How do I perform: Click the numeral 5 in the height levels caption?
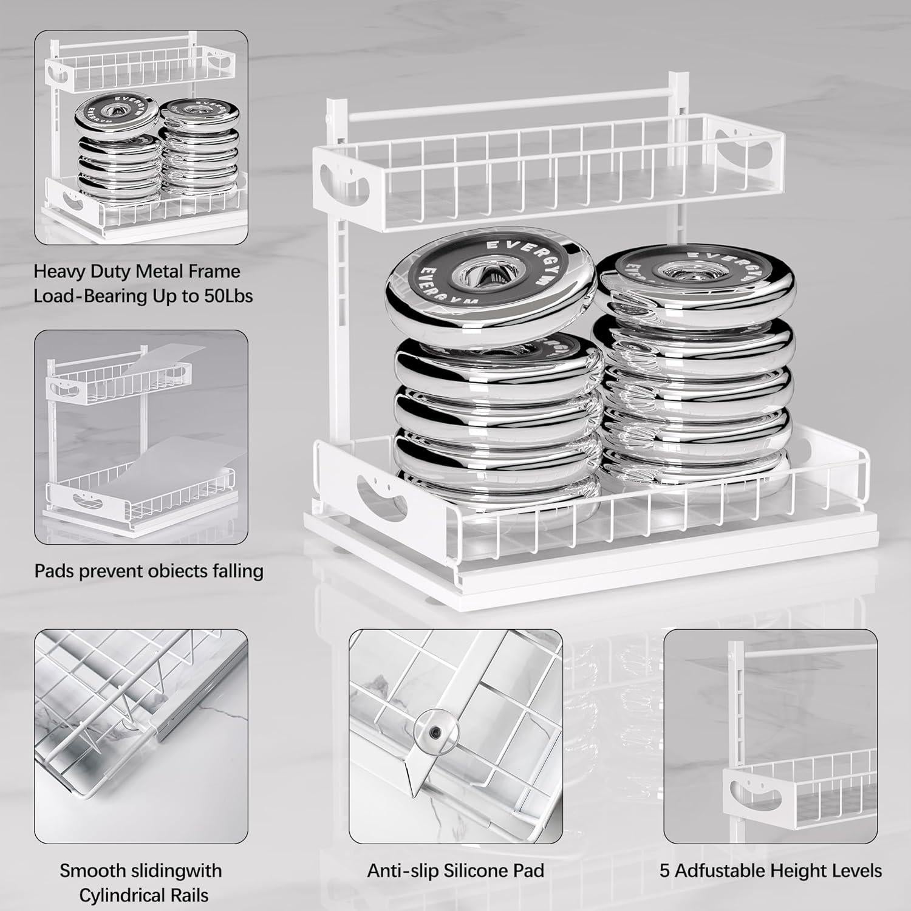tap(665, 870)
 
